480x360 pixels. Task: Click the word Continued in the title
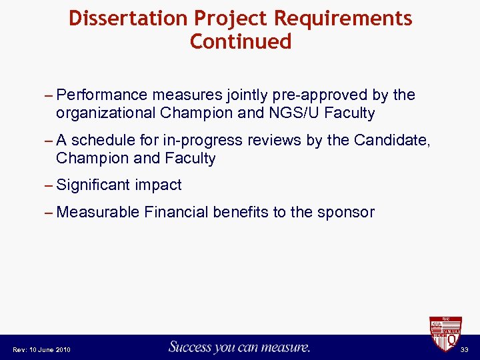[241, 42]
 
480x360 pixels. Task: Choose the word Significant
[94, 185]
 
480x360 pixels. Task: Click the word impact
[158, 185]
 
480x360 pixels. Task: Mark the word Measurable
[98, 212]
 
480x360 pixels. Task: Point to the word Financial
[176, 212]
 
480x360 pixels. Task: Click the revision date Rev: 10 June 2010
[41, 350]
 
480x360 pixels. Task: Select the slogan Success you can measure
[239, 347]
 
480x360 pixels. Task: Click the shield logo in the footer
[444, 333]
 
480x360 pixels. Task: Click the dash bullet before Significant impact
[49, 185]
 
